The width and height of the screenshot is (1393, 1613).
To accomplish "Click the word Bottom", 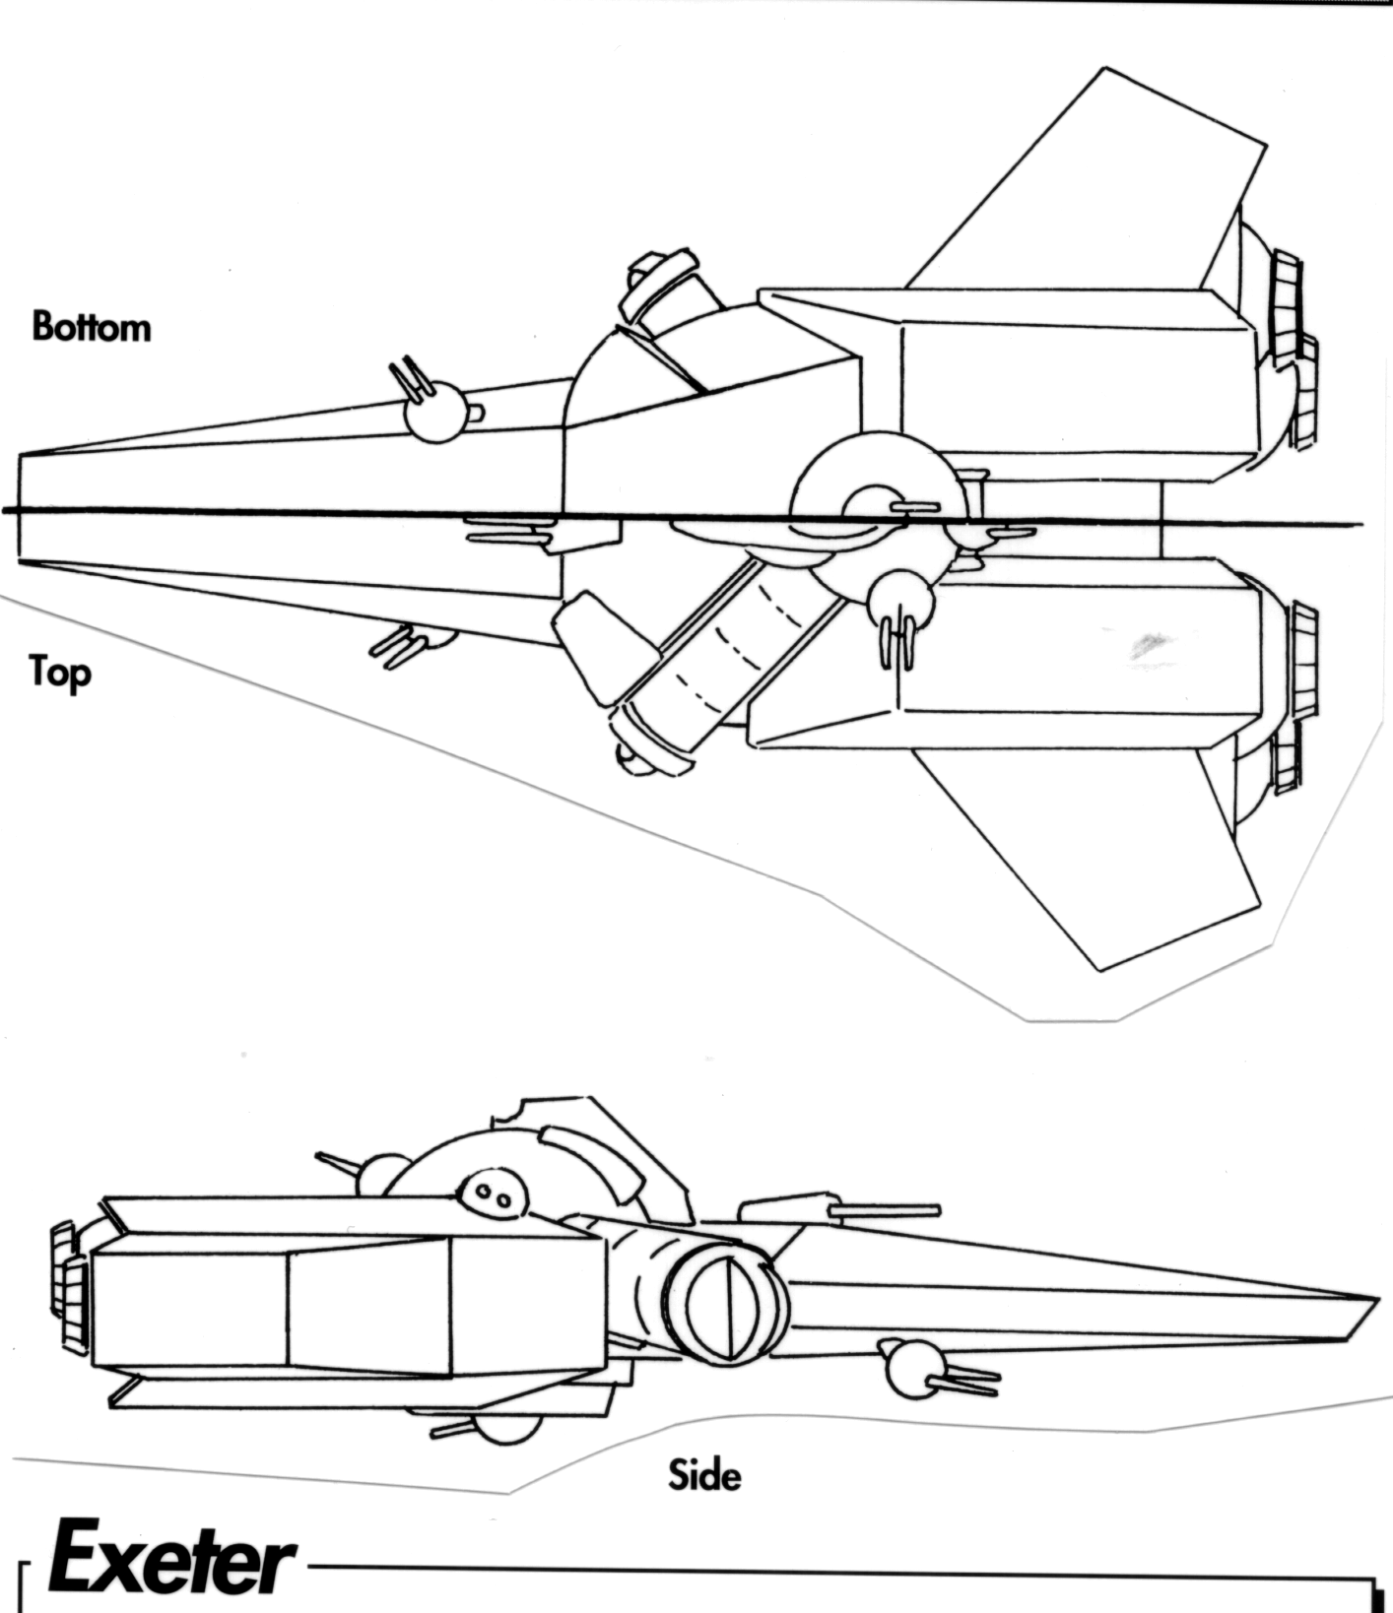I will point(92,327).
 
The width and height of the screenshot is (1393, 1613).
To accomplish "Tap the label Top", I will point(59,674).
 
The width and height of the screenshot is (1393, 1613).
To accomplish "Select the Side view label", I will point(703,1475).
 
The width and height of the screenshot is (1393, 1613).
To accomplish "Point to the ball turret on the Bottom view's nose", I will point(435,412).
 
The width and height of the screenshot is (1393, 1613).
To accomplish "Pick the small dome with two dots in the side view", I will point(493,1194).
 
